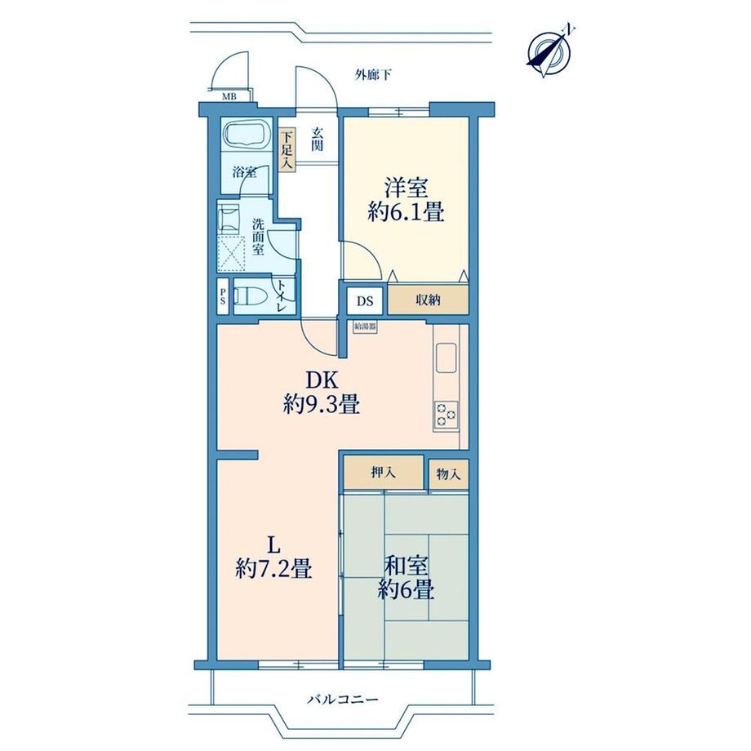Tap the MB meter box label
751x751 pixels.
(x=229, y=97)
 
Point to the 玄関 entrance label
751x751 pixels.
(x=317, y=140)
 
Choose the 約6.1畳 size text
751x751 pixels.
(x=406, y=211)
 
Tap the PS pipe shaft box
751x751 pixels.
(x=223, y=296)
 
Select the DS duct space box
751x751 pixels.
(x=365, y=301)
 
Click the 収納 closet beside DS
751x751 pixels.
(x=428, y=300)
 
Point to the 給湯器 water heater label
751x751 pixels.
(x=365, y=327)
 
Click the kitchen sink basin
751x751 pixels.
(x=446, y=358)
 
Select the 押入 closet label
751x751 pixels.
(x=384, y=473)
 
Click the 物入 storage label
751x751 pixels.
(x=448, y=474)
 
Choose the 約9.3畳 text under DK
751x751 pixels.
(x=322, y=405)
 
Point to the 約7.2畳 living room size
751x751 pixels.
(x=274, y=570)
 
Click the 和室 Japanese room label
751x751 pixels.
(x=407, y=567)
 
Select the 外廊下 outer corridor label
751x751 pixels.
(x=373, y=75)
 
